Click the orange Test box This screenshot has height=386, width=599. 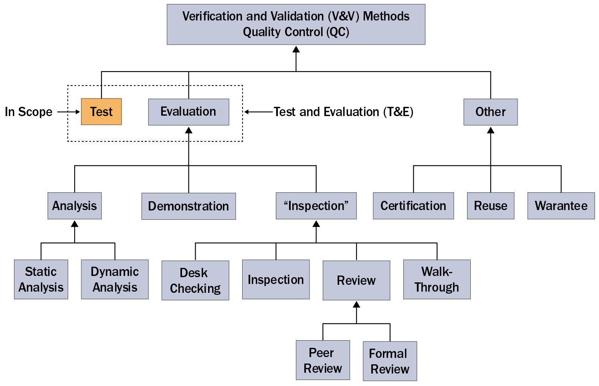coord(101,112)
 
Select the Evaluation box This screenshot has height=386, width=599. coord(188,112)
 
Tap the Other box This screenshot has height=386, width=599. coord(490,112)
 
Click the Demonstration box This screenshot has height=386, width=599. coord(188,206)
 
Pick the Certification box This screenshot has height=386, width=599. coord(413,206)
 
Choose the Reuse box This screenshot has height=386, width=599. coord(490,206)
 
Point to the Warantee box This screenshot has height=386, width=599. coord(561,206)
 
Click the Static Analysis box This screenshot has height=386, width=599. coord(41,279)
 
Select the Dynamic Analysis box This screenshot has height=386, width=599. coord(115,279)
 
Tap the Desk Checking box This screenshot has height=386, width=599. coord(195,280)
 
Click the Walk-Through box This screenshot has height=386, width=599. coord(437,279)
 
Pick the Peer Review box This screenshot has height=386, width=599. coord(323,360)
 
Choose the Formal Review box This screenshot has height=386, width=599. coord(390,361)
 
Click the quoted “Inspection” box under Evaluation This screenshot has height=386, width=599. coord(316,206)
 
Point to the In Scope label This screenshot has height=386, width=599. coord(28,112)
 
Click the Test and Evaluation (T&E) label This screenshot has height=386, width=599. coord(343,112)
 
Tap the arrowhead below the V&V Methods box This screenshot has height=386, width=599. coord(296,49)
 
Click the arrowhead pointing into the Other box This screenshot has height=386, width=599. coord(490,130)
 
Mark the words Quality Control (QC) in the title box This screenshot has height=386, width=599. coord(296,32)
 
